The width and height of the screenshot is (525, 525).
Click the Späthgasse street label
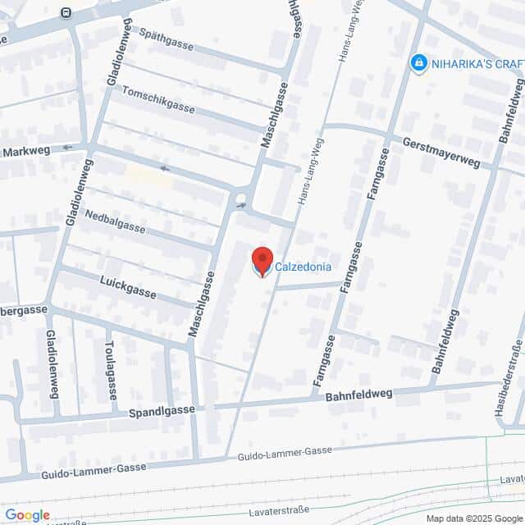(167, 39)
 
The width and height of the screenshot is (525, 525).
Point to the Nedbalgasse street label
(114, 219)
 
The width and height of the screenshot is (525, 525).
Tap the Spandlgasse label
(162, 409)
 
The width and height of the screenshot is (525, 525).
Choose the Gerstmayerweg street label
(441, 153)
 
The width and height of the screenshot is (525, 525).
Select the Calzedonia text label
(303, 266)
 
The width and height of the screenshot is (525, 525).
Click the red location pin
(262, 261)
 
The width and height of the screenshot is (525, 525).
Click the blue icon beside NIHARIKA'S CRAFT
(419, 62)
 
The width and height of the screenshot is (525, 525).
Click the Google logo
(26, 515)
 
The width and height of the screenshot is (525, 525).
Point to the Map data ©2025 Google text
(473, 518)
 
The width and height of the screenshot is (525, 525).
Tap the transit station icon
(66, 12)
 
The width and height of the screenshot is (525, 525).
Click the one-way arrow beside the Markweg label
(67, 148)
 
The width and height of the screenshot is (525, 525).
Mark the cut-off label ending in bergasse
(24, 310)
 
